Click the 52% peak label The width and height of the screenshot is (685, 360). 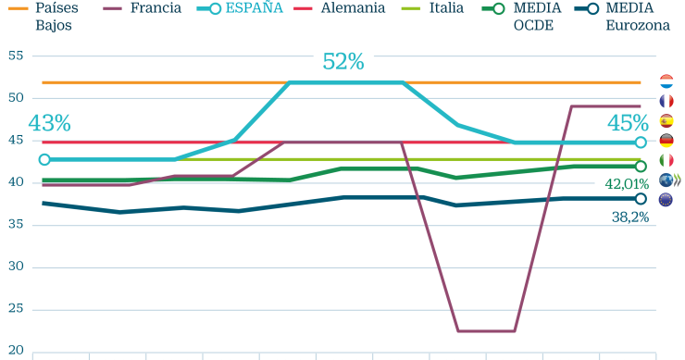tap(342, 62)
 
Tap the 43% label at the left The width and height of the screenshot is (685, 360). tap(49, 123)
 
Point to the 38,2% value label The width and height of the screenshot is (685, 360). tap(629, 217)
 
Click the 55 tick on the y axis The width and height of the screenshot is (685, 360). tap(15, 56)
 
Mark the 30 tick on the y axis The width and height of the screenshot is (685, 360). tap(15, 267)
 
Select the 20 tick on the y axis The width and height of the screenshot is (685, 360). tap(15, 351)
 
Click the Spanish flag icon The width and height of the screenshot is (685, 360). tap(666, 121)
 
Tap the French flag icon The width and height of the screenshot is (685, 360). tap(666, 101)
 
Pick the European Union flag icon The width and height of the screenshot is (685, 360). tap(666, 200)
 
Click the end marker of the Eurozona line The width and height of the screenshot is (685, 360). tap(641, 198)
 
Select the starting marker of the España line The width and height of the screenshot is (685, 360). tap(44, 159)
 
